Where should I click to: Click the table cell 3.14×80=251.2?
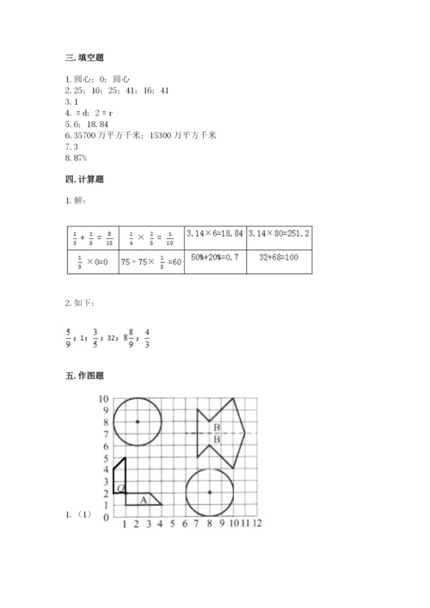point(279,234)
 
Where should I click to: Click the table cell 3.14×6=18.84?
point(212,234)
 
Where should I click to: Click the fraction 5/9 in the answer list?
point(68,338)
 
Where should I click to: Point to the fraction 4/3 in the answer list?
point(147,338)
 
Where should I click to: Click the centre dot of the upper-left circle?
point(138,421)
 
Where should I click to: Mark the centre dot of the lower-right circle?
point(210,493)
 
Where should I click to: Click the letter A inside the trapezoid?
point(144,500)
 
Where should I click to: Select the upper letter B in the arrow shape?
point(217,427)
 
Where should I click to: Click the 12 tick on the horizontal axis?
point(256,523)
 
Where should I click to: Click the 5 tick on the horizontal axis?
point(173,523)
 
